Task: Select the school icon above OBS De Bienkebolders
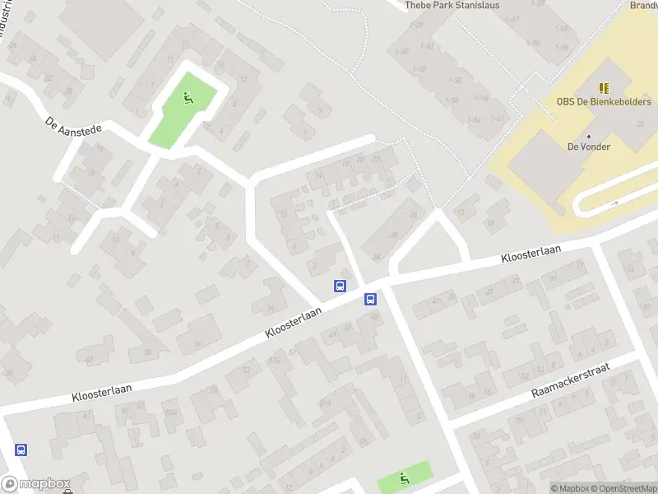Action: pos(605,87)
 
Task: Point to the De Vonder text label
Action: pos(588,147)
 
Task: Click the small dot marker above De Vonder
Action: pos(589,136)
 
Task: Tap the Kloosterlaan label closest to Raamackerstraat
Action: pos(532,255)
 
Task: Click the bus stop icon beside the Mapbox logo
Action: pos(21,450)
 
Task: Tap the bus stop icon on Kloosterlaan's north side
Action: pos(340,286)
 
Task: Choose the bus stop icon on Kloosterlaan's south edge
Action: pos(371,300)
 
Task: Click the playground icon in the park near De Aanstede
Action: pos(188,100)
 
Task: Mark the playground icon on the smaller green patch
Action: pos(404,478)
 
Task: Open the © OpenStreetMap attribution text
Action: pos(627,488)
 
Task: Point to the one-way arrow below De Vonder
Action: pos(614,202)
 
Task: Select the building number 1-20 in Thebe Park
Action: pos(455,80)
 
